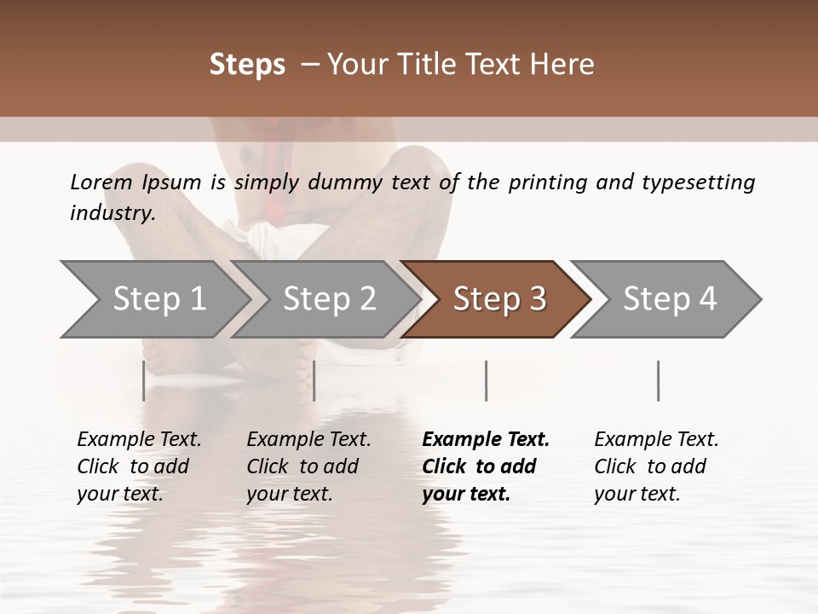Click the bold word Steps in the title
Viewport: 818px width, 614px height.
[x=247, y=65]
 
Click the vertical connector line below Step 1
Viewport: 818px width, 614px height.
[x=144, y=380]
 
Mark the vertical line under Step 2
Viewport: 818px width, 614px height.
[x=314, y=380]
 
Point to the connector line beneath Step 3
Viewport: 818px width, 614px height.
[x=486, y=380]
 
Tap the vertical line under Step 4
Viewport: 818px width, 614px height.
[x=658, y=380]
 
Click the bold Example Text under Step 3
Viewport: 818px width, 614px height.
[x=486, y=439]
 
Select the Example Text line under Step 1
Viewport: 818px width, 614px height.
[x=139, y=439]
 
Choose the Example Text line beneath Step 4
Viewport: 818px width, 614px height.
[x=656, y=439]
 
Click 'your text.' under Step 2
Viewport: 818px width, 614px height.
[x=290, y=494]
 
